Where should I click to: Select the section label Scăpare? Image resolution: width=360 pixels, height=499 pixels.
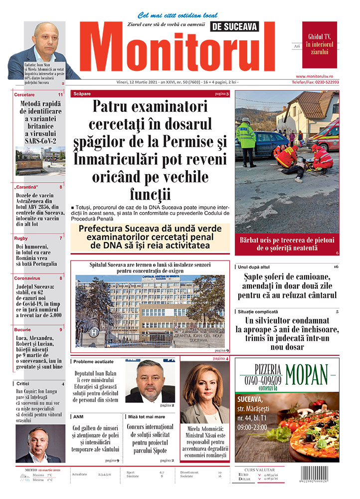pos(82,94)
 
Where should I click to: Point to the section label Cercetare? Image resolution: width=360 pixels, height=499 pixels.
pos(24,94)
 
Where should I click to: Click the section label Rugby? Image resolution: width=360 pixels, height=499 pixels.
pos(21,238)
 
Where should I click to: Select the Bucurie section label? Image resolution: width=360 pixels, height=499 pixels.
pos(22,329)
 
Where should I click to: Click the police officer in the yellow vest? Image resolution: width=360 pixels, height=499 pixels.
pos(245,140)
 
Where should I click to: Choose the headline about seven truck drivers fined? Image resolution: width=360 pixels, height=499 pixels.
pos(287,285)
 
